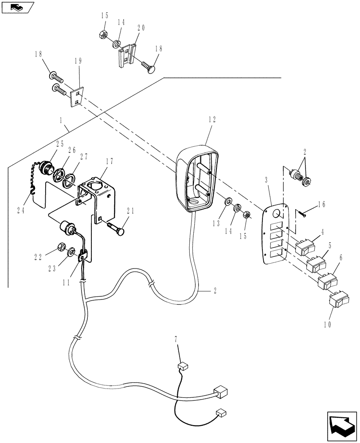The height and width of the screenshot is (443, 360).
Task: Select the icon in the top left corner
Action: click(17, 7)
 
